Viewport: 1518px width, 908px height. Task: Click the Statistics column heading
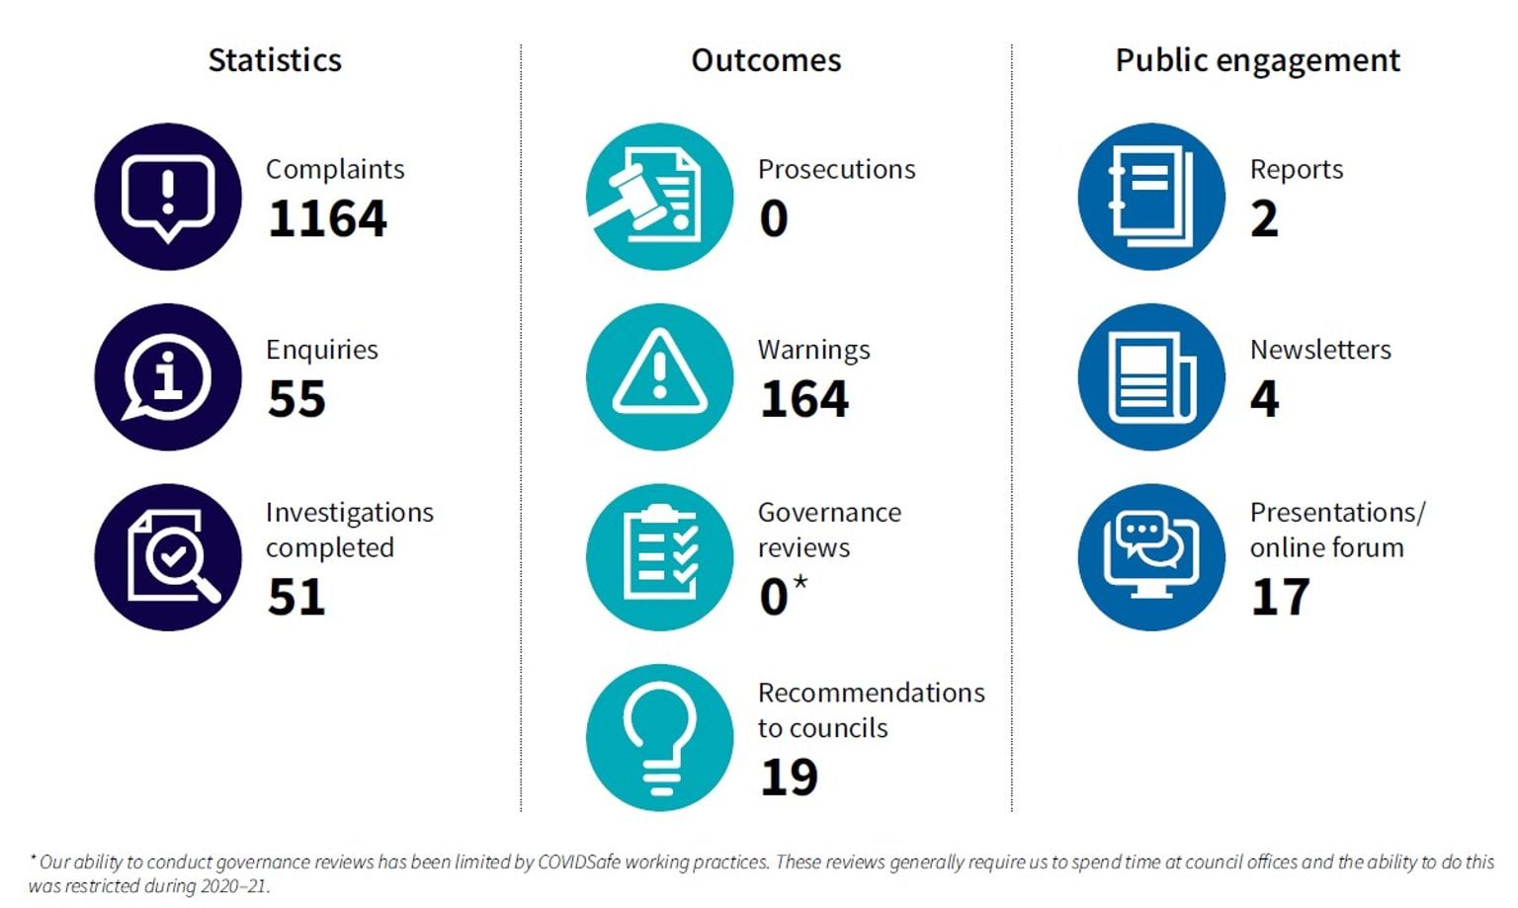coord(275,60)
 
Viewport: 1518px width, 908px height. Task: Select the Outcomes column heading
coord(766,60)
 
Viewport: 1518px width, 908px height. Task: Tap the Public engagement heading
coord(1257,60)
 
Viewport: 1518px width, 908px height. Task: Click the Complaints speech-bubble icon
coord(168,197)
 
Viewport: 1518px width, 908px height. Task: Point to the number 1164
coord(327,218)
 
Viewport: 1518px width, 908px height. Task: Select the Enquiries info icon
coord(168,377)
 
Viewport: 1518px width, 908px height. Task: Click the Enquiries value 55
coord(296,399)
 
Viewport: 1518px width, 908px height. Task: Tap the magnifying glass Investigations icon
coord(168,557)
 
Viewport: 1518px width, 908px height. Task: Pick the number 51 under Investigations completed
coord(296,597)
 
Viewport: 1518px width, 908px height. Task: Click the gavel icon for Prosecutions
coord(659,197)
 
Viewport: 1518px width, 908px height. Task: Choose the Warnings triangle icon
coord(659,377)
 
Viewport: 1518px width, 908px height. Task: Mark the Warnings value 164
coord(803,399)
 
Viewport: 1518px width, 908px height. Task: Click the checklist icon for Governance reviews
coord(659,557)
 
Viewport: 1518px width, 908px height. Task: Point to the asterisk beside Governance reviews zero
coord(800,582)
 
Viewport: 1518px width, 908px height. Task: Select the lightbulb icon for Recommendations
coord(659,738)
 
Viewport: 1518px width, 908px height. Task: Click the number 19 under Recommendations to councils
coord(789,778)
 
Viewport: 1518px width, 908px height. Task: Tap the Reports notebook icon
coord(1151,197)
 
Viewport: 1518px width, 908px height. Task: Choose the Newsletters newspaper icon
coord(1151,377)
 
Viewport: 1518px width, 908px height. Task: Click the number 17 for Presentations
coord(1280,597)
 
